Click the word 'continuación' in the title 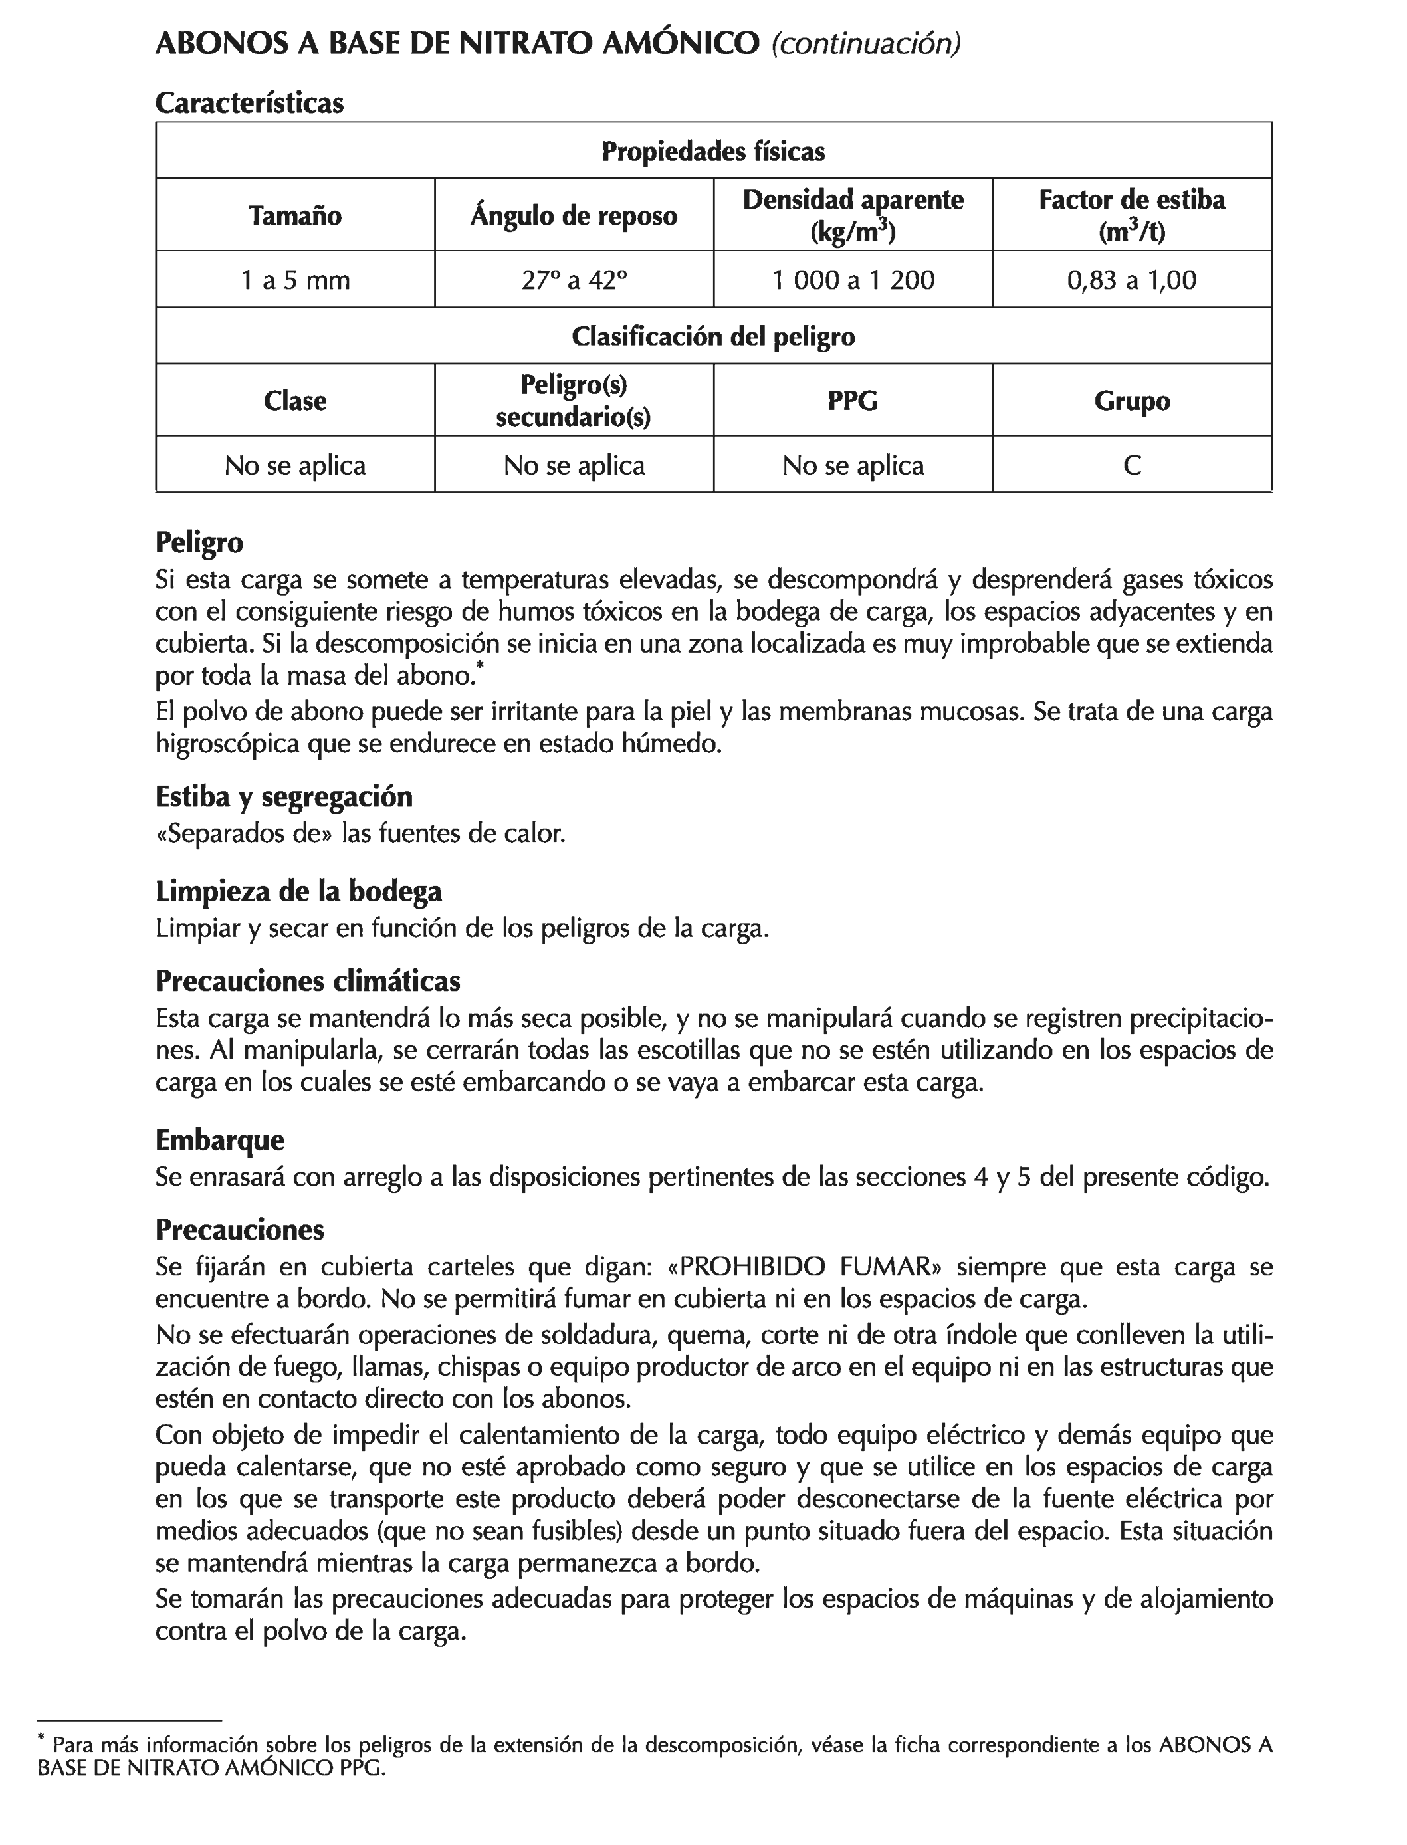[865, 44]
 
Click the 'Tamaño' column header [295, 215]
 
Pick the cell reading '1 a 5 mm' [295, 280]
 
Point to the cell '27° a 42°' [574, 280]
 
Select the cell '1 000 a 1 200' [853, 280]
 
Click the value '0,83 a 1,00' [1131, 280]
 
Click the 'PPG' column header [853, 400]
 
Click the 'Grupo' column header [1131, 400]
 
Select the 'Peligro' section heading [199, 543]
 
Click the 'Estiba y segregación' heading [284, 796]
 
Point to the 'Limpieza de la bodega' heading [298, 891]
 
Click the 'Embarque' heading [219, 1140]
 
